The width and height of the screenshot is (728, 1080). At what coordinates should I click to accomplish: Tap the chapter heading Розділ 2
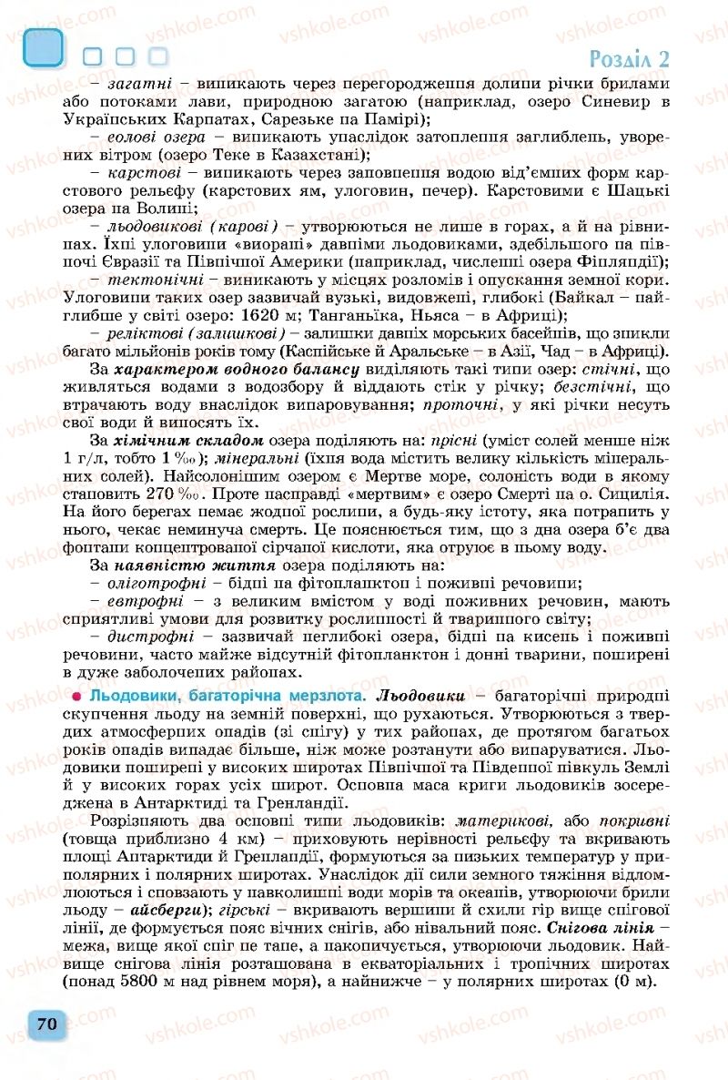coord(630,59)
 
